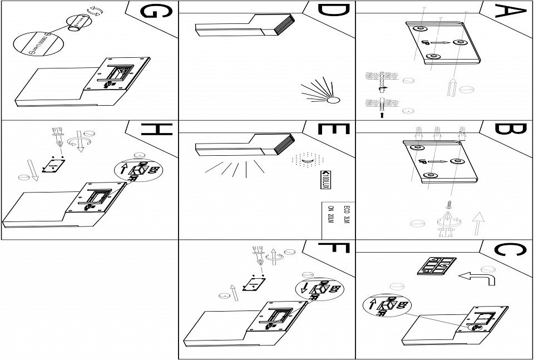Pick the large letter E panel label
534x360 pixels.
(333, 130)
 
